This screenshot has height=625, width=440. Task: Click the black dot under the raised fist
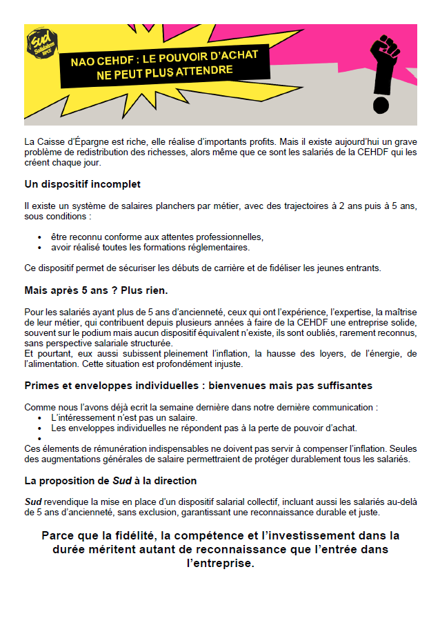(x=380, y=106)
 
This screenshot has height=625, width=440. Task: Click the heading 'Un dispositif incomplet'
(x=82, y=184)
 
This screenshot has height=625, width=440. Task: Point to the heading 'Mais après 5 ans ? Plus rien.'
(x=96, y=290)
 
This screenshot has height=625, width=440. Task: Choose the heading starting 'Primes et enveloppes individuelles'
(x=198, y=386)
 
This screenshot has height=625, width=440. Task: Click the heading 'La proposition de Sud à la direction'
(x=110, y=480)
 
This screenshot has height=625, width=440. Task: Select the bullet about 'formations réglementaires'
(x=150, y=247)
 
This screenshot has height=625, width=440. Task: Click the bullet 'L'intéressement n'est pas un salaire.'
(x=124, y=417)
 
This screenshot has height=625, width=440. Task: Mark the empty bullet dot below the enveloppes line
(x=41, y=438)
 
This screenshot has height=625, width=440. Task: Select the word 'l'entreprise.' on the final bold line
(x=220, y=563)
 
